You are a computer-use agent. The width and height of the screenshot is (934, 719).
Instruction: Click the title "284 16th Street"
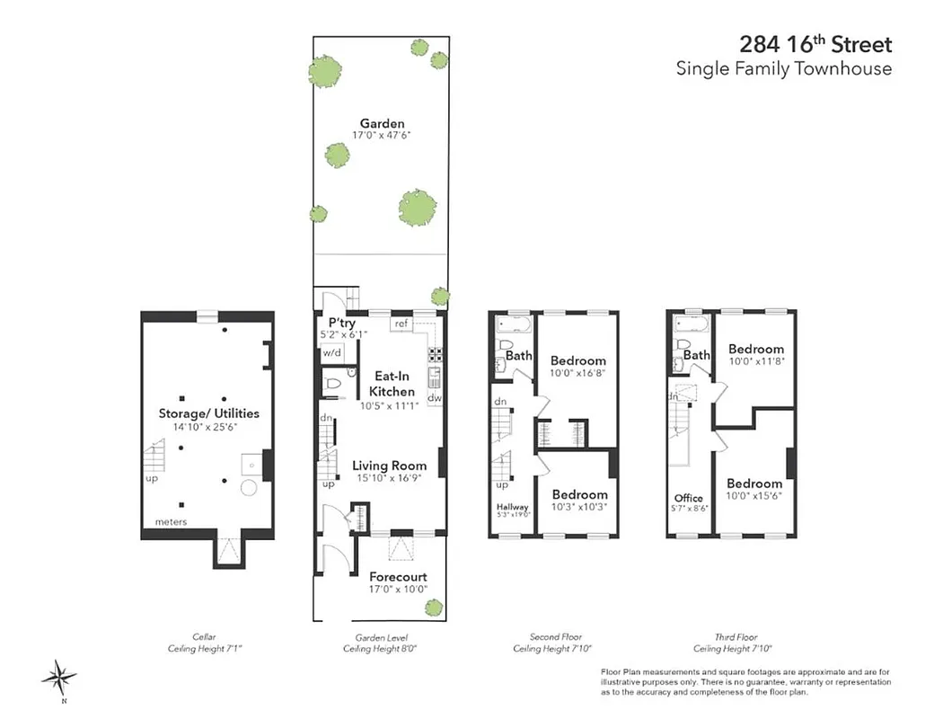(815, 44)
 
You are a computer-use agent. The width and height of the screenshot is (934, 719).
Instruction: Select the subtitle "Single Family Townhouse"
(784, 69)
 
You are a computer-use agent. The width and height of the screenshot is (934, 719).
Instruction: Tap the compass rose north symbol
(59, 676)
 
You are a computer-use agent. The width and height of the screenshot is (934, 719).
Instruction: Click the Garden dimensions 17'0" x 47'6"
(382, 136)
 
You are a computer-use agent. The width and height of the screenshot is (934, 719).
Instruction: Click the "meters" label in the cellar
(171, 521)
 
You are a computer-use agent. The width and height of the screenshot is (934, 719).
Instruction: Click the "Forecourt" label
(398, 577)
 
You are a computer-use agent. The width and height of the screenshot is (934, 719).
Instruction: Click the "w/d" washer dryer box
(332, 353)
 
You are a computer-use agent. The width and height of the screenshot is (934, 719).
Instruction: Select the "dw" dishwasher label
(434, 397)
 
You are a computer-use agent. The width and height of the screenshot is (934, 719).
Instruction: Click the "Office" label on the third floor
(688, 498)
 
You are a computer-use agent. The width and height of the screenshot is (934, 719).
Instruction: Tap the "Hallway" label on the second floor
(512, 507)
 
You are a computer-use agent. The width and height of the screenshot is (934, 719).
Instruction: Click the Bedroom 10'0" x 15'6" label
(755, 483)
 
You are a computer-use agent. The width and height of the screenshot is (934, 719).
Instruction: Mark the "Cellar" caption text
(204, 636)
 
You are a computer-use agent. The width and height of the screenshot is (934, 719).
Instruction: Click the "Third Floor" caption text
(732, 636)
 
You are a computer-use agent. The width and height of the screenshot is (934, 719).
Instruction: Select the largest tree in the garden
(417, 208)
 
